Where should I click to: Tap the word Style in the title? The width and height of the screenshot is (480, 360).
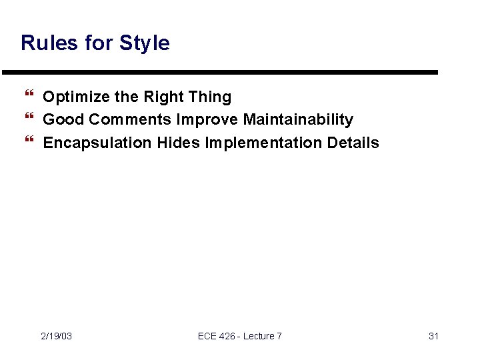click(145, 43)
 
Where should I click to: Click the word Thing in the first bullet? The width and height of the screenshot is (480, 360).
click(210, 97)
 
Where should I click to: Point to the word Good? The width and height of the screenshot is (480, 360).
click(63, 120)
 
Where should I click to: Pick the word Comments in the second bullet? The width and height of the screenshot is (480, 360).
click(130, 120)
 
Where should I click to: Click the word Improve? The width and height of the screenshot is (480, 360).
click(207, 120)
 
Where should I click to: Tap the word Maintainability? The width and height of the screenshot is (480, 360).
click(298, 120)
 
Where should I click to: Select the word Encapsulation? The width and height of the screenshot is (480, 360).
click(97, 143)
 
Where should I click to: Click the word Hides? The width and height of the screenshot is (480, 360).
click(179, 143)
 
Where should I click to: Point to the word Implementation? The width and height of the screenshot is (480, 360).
click(264, 143)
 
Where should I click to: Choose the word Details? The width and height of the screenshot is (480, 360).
click(353, 143)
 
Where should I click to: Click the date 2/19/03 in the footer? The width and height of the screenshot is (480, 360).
click(57, 336)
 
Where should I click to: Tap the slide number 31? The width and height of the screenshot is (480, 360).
click(433, 336)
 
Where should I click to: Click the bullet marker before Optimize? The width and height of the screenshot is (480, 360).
click(29, 97)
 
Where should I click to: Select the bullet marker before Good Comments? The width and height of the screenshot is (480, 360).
click(29, 120)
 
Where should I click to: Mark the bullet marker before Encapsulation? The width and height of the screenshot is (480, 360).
click(29, 143)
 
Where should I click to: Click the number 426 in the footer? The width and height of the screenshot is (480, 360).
click(227, 336)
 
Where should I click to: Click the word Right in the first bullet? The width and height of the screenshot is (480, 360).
click(163, 97)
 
